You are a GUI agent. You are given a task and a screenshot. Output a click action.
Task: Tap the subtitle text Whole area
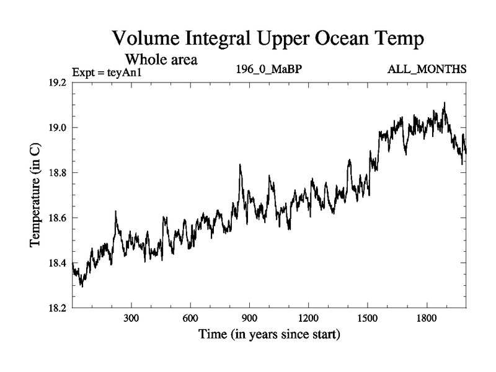pos(161,60)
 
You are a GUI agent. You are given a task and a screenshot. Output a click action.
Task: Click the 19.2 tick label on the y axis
pos(59,82)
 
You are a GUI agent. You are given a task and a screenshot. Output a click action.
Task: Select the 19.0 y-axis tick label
pos(59,128)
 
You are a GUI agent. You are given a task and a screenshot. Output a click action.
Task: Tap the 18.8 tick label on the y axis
pos(59,173)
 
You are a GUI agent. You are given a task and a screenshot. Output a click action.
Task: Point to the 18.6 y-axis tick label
pos(59,218)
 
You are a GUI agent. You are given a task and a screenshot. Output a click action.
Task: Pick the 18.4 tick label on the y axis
pos(59,263)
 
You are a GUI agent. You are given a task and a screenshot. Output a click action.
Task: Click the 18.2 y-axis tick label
pos(59,308)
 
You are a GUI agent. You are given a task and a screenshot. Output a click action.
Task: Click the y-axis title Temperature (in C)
pos(36,195)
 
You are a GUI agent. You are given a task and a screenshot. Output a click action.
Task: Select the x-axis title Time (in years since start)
pos(269,335)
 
